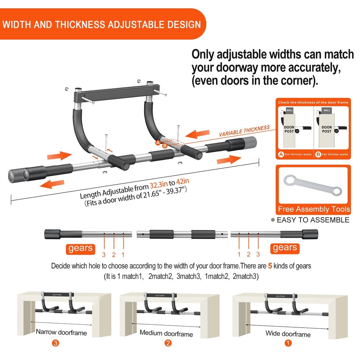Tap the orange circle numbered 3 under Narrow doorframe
click(x=55, y=343)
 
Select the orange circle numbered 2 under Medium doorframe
click(x=168, y=343)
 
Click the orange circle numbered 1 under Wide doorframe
click(x=288, y=343)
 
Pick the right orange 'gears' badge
click(x=285, y=247)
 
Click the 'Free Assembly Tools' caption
click(x=314, y=209)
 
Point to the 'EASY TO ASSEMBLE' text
click(x=313, y=220)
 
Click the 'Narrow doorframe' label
click(x=61, y=332)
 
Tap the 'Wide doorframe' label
click(x=288, y=334)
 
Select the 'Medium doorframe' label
click(x=166, y=333)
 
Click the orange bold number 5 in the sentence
click(x=270, y=266)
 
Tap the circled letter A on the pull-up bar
click(x=158, y=143)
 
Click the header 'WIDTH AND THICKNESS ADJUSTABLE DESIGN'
click(x=102, y=24)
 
